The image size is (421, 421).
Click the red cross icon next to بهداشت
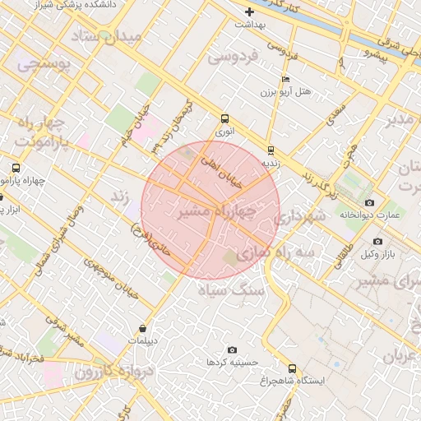(250, 12)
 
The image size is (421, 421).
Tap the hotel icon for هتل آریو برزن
(285, 80)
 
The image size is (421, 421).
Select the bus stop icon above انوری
(225, 118)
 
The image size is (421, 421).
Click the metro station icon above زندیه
(271, 150)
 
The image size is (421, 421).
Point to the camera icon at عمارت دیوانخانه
(369, 202)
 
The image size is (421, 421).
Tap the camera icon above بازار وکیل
(377, 241)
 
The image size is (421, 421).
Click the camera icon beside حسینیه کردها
(231, 349)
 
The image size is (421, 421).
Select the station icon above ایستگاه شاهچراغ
(293, 368)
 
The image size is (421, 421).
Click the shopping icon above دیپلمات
(143, 328)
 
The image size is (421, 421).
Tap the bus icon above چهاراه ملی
(15, 168)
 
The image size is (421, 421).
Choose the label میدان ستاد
(119, 36)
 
